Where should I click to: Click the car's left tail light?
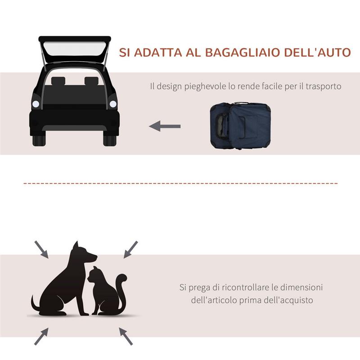coord(36,104)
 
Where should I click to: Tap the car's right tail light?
coord(113,104)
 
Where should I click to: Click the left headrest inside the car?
coord(58,81)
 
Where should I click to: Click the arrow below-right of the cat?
coord(126,335)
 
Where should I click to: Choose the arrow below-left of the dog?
coord(41,336)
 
